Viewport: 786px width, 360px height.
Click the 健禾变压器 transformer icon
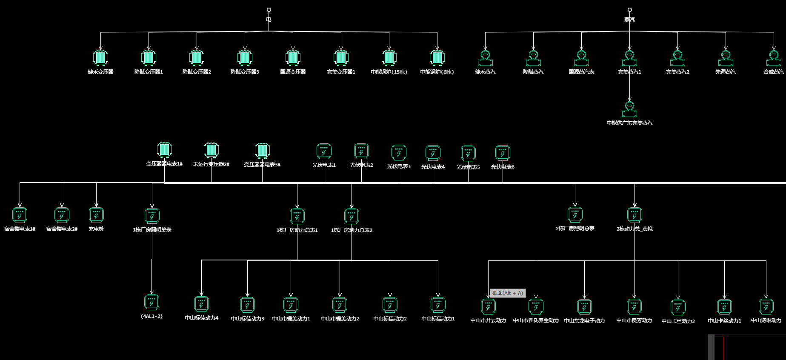point(100,57)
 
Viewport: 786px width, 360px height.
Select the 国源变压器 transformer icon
point(293,57)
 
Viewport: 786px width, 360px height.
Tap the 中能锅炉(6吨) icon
point(437,57)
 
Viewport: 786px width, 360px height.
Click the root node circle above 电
point(269,10)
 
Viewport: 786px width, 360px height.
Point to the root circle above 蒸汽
point(630,10)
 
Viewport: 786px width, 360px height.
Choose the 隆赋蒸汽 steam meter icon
point(533,58)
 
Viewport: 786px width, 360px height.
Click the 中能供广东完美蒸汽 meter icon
point(629,109)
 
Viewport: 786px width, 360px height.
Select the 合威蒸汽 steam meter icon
point(774,58)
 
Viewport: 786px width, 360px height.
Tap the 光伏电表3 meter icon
point(399,152)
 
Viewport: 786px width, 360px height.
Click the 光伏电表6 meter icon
point(503,153)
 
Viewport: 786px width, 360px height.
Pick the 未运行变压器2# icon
point(211,150)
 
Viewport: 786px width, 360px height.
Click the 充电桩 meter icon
point(96,215)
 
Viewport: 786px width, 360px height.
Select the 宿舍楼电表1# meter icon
point(20,215)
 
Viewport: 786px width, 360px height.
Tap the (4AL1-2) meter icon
point(151,302)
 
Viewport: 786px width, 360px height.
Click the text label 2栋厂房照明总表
point(575,229)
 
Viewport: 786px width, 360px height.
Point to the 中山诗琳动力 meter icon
point(766,306)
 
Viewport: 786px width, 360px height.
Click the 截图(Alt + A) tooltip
point(508,293)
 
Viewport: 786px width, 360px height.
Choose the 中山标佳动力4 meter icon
point(201,304)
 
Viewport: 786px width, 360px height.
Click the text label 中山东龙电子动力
point(584,320)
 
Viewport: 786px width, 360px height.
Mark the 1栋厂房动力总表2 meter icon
point(352,216)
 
